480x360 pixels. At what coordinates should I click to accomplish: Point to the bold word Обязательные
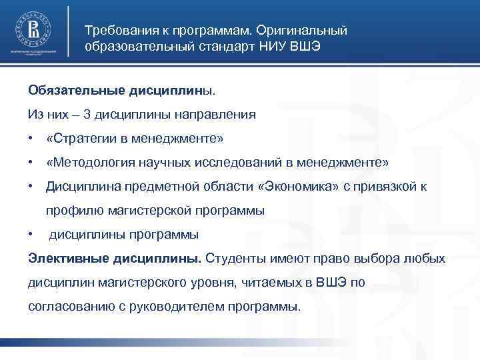coord(73,89)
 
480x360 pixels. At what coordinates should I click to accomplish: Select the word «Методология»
coord(89,163)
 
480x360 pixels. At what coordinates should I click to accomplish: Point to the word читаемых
coord(265,283)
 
